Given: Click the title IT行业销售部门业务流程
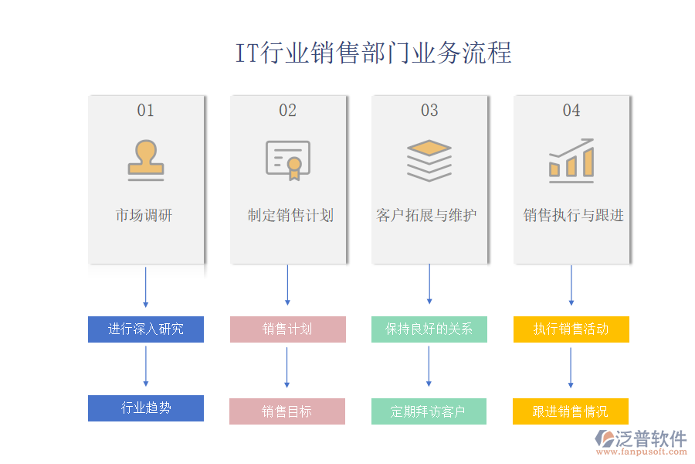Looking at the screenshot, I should [373, 53].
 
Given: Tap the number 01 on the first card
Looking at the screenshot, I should [146, 111].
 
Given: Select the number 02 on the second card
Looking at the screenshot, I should [287, 111].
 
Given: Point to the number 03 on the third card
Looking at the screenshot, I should [429, 111].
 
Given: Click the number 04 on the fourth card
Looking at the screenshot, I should [571, 111].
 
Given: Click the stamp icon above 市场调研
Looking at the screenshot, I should [146, 160].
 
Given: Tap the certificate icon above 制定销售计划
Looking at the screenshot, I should [287, 160].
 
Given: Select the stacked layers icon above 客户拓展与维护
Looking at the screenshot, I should [429, 160].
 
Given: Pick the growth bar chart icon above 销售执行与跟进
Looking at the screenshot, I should [571, 160].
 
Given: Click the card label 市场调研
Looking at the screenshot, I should [144, 215].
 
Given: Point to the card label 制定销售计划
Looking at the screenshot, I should [290, 215].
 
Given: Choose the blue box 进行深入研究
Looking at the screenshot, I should [146, 329].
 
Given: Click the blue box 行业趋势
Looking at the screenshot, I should [146, 408].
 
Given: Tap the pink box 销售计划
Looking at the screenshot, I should [287, 329].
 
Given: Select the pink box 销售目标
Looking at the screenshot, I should [287, 411].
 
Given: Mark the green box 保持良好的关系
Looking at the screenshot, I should [429, 329].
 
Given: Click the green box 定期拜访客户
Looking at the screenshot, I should [429, 411].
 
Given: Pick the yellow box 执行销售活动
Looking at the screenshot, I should [571, 329].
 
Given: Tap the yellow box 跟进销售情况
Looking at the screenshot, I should [571, 411].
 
